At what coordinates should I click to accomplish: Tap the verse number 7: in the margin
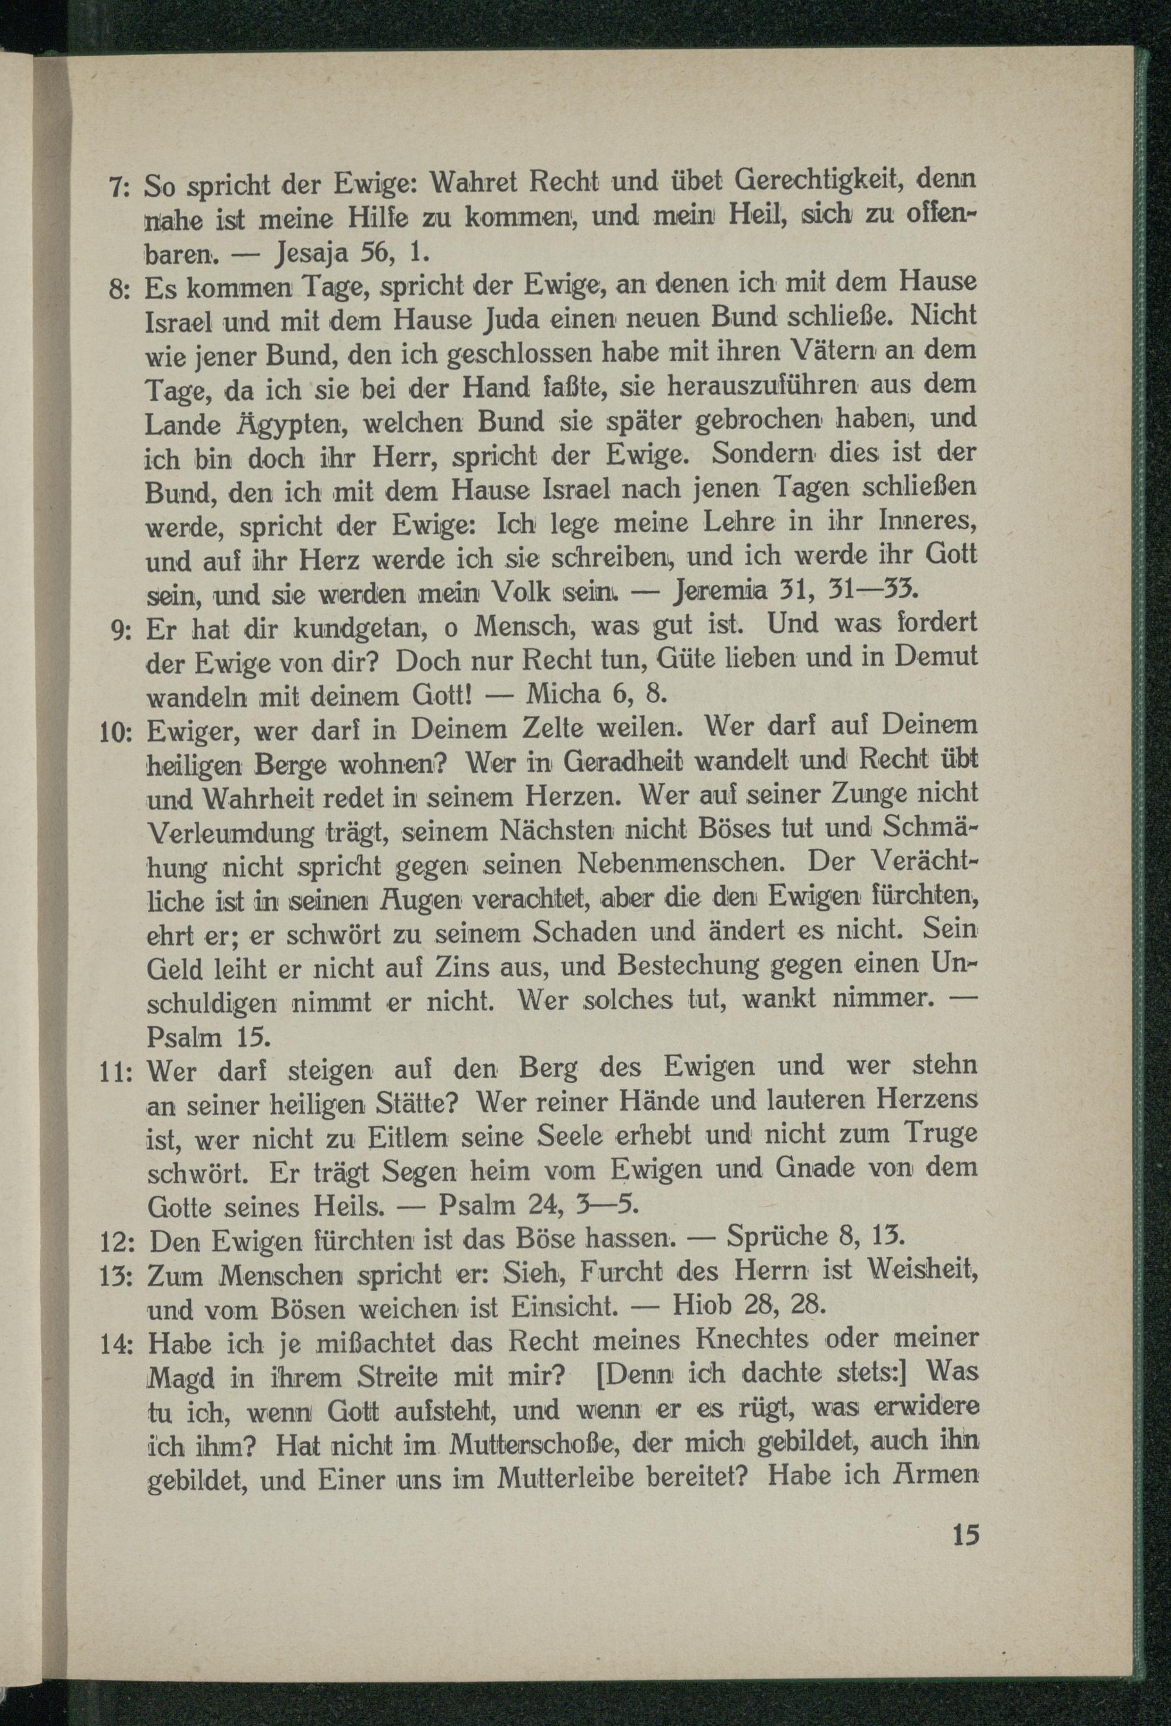119,186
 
